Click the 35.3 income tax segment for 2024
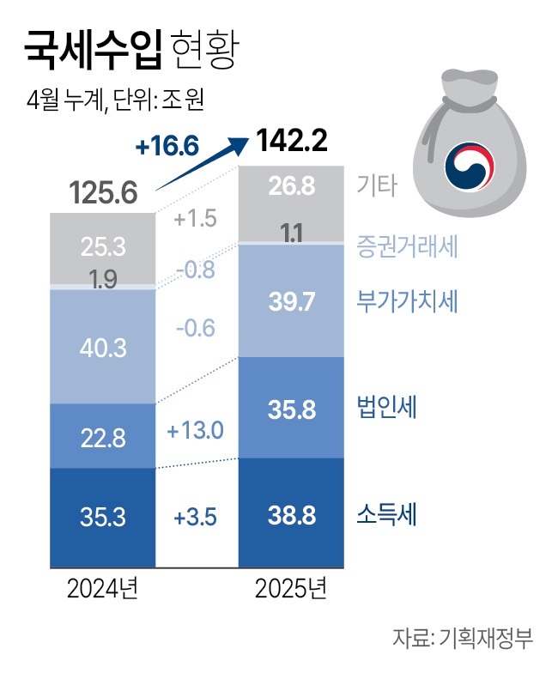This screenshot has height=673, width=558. coord(102,518)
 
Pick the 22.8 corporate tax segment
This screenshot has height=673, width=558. coord(102,438)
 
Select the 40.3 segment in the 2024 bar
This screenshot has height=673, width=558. coord(102,349)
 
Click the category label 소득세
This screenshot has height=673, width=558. coord(386,515)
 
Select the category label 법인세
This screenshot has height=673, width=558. coord(386,408)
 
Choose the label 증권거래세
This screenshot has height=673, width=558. coord(407,248)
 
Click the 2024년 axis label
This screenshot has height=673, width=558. coord(102,591)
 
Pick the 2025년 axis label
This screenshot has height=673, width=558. coord(291,591)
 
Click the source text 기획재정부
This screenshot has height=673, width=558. coord(486,640)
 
